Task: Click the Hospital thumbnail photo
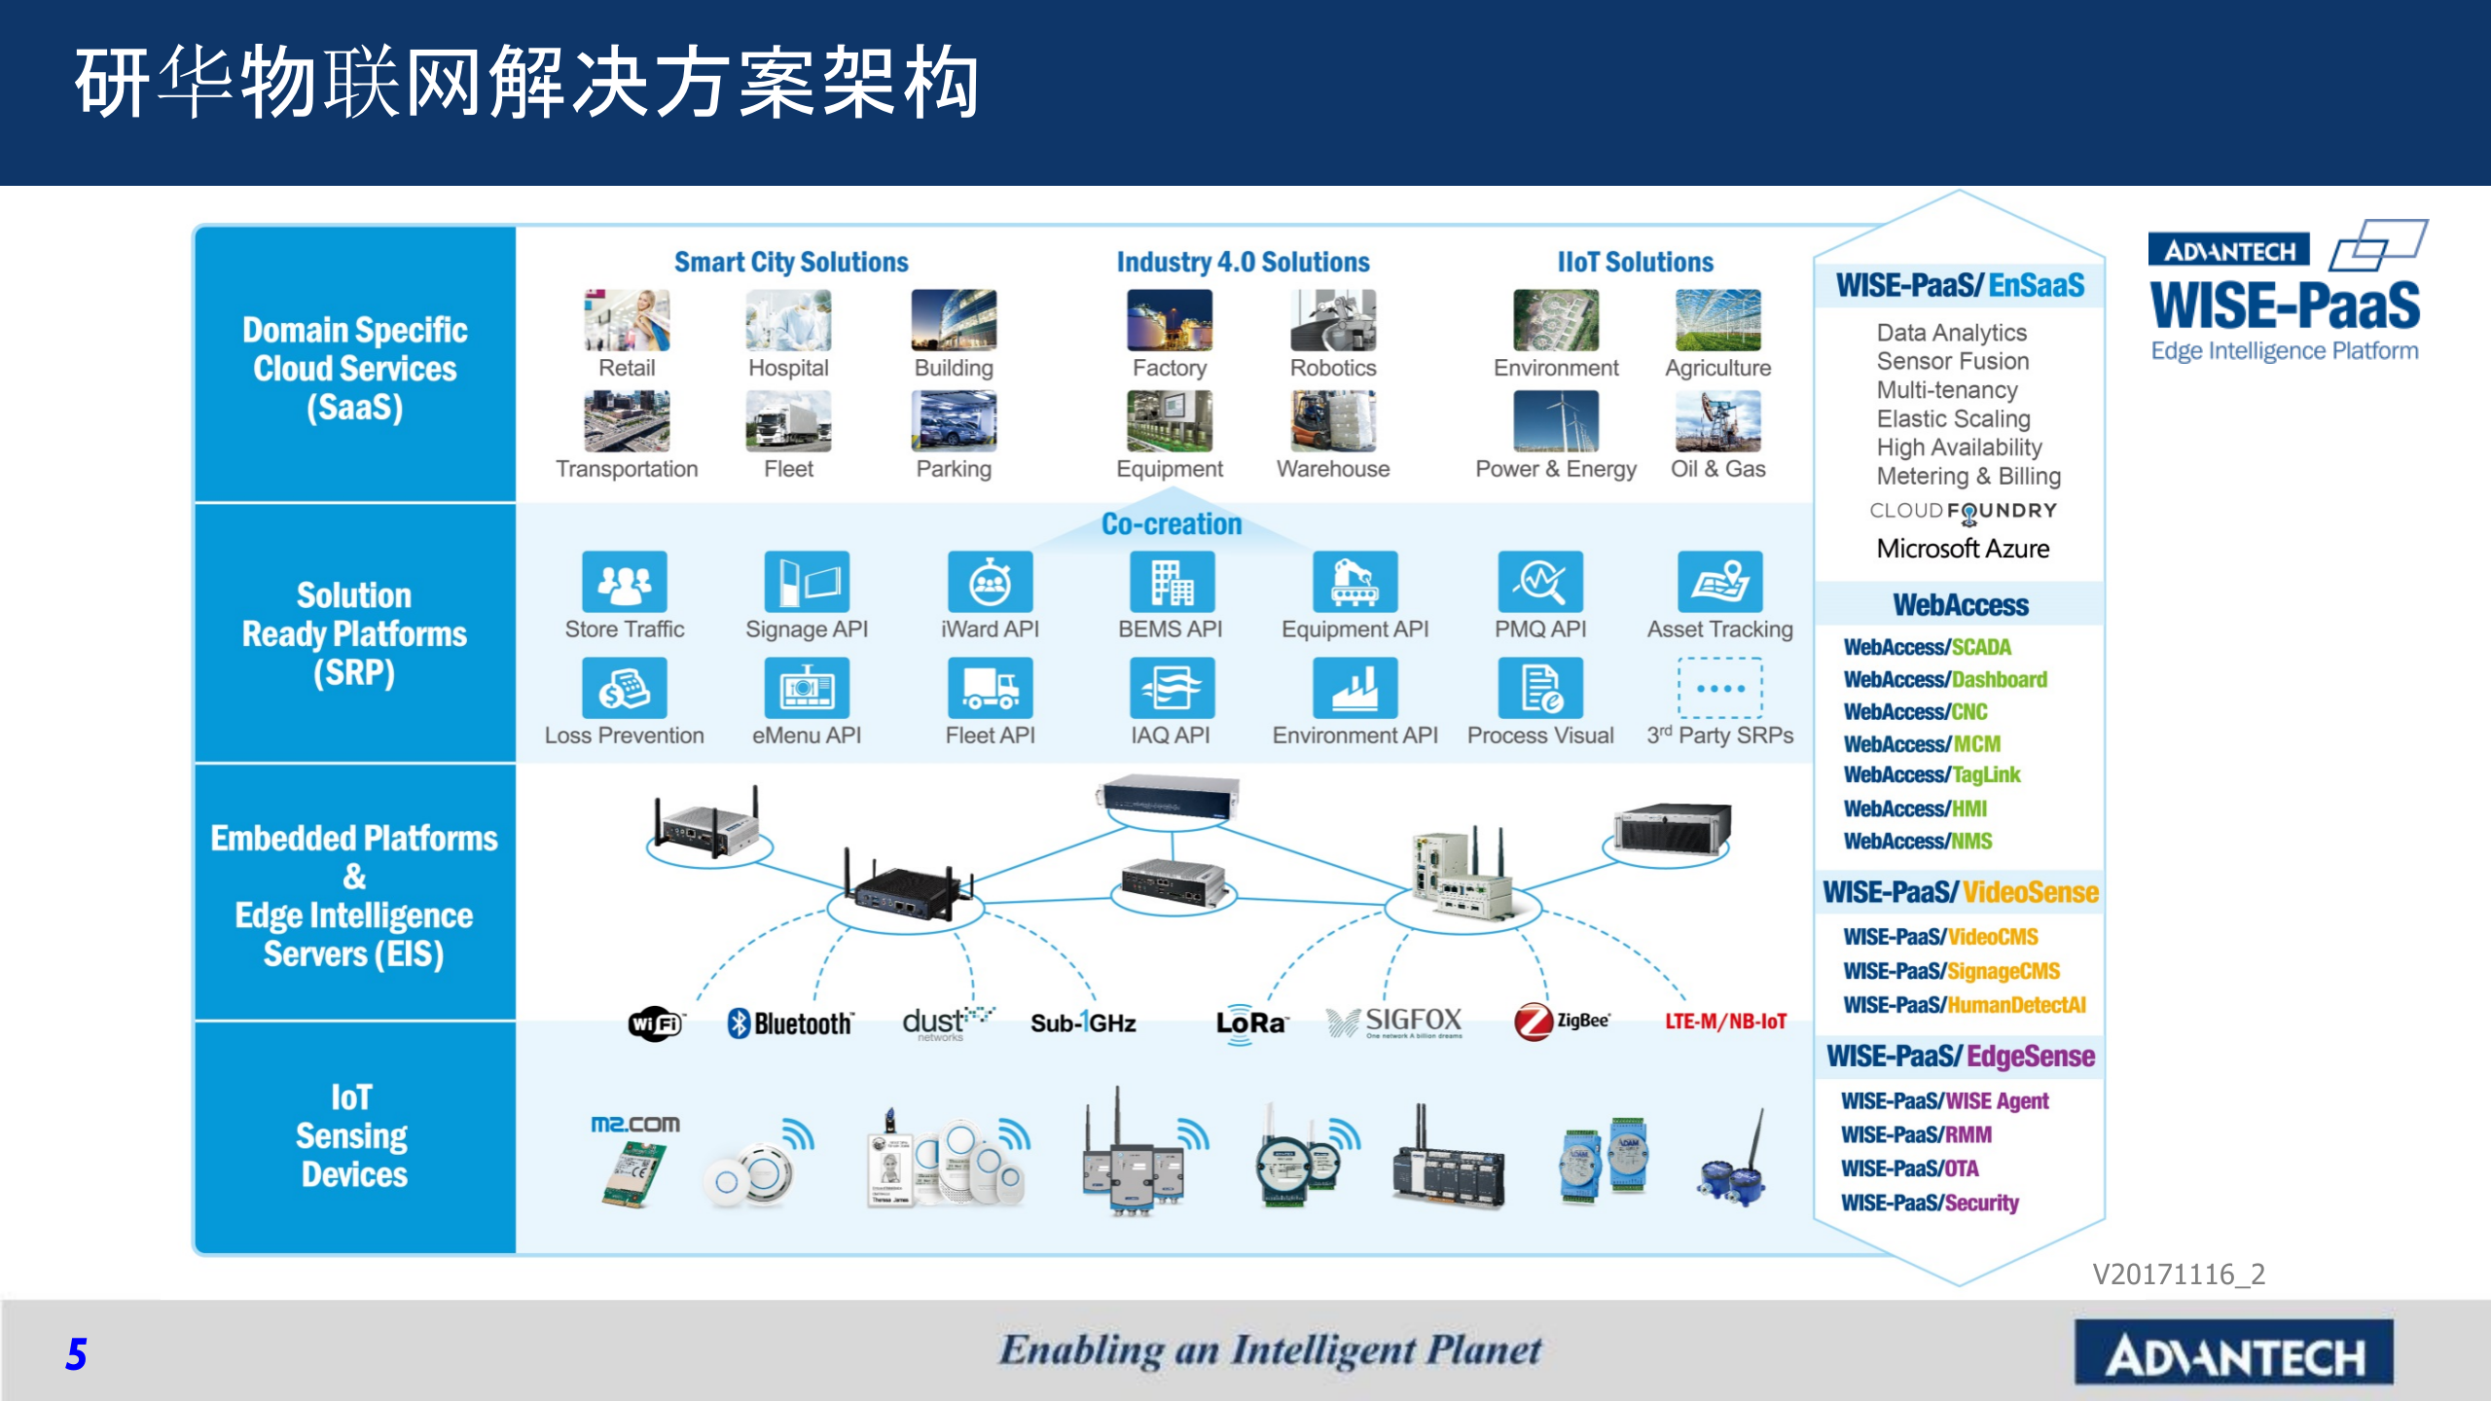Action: click(788, 320)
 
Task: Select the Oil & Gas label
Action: click(1717, 469)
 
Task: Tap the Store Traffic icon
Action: click(625, 582)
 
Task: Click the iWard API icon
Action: click(990, 582)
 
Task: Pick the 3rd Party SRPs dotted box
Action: click(1719, 688)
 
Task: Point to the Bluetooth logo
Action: click(790, 1023)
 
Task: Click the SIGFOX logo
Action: click(1395, 1022)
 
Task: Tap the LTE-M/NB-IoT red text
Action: click(1725, 1022)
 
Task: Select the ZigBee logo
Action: click(1561, 1022)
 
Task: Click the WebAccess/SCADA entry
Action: click(1927, 647)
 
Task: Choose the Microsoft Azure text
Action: click(1963, 549)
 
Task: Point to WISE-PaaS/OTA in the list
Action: click(1909, 1168)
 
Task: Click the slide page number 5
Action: click(76, 1354)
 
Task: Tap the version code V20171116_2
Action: click(2179, 1274)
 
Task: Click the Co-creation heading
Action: click(1172, 524)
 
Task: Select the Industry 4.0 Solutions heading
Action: click(1243, 262)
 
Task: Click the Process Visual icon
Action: click(1540, 688)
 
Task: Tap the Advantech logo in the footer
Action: click(2233, 1353)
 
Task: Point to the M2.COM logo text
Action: click(635, 1125)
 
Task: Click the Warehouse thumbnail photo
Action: click(1333, 421)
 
